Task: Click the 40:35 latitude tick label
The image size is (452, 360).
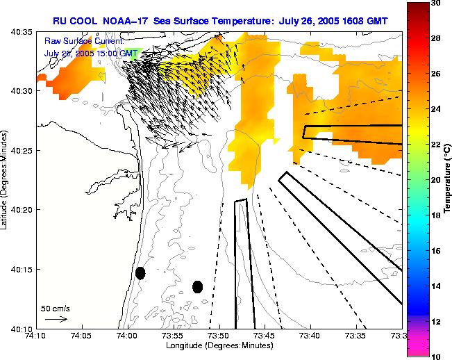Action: (x=23, y=32)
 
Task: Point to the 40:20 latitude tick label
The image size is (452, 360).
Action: (x=23, y=210)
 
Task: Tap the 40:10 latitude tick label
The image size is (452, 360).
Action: (x=23, y=329)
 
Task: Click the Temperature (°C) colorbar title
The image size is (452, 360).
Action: (x=448, y=181)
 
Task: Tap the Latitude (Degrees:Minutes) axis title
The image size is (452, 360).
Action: (x=6, y=181)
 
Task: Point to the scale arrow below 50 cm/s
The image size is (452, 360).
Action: (x=56, y=319)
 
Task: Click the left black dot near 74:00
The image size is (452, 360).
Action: (x=140, y=273)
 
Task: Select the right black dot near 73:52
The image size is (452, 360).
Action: (x=197, y=286)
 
